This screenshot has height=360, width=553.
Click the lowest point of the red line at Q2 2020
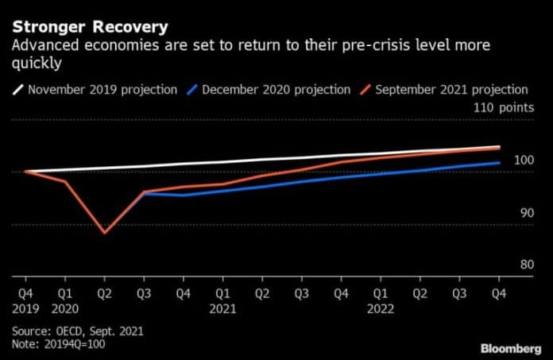tap(104, 233)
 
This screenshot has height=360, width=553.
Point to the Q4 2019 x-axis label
tap(26, 299)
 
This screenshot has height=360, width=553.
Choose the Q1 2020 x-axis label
tap(65, 299)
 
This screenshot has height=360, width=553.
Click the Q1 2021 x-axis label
tap(223, 299)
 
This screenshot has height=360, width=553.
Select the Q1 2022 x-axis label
tap(381, 299)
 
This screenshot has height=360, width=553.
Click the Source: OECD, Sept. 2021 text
tap(77, 330)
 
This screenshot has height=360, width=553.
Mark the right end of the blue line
tap(499, 163)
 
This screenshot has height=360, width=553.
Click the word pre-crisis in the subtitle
tap(351, 47)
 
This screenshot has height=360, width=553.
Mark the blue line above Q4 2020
tap(184, 195)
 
